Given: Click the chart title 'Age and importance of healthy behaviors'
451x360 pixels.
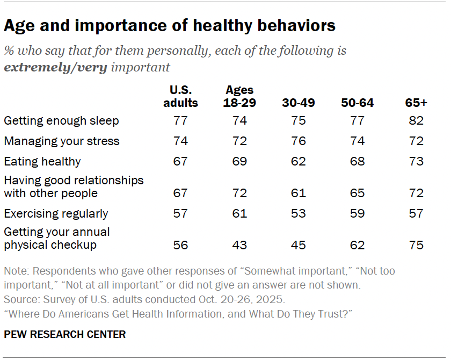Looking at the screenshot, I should [x=170, y=25].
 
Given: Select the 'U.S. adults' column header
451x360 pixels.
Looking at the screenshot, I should [x=180, y=96].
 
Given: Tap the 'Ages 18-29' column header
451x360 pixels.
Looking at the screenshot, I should [x=239, y=96].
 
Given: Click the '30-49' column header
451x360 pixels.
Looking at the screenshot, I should [x=298, y=103].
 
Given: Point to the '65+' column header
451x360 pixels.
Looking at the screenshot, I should [x=415, y=103].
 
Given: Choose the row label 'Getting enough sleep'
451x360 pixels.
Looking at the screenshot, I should [x=61, y=121].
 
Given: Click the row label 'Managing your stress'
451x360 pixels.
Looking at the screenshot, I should [x=61, y=141].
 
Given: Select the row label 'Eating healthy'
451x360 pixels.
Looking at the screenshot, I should [x=42, y=162].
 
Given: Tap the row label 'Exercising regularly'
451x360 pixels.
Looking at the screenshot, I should [x=56, y=213].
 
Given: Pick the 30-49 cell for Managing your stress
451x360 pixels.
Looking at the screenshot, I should [x=298, y=141].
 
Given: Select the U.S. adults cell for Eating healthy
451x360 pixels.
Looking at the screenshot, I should [x=180, y=162].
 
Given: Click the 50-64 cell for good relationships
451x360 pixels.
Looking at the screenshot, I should [x=357, y=193].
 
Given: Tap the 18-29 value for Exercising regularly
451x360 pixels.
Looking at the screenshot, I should [x=239, y=213].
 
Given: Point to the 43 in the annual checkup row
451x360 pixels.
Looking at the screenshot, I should [x=239, y=245].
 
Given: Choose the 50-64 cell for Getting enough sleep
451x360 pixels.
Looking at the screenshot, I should [x=357, y=121].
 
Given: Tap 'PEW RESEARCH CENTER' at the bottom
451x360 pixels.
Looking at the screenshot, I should [x=65, y=334].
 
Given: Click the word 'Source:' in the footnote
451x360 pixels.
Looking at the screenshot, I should [x=20, y=299].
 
